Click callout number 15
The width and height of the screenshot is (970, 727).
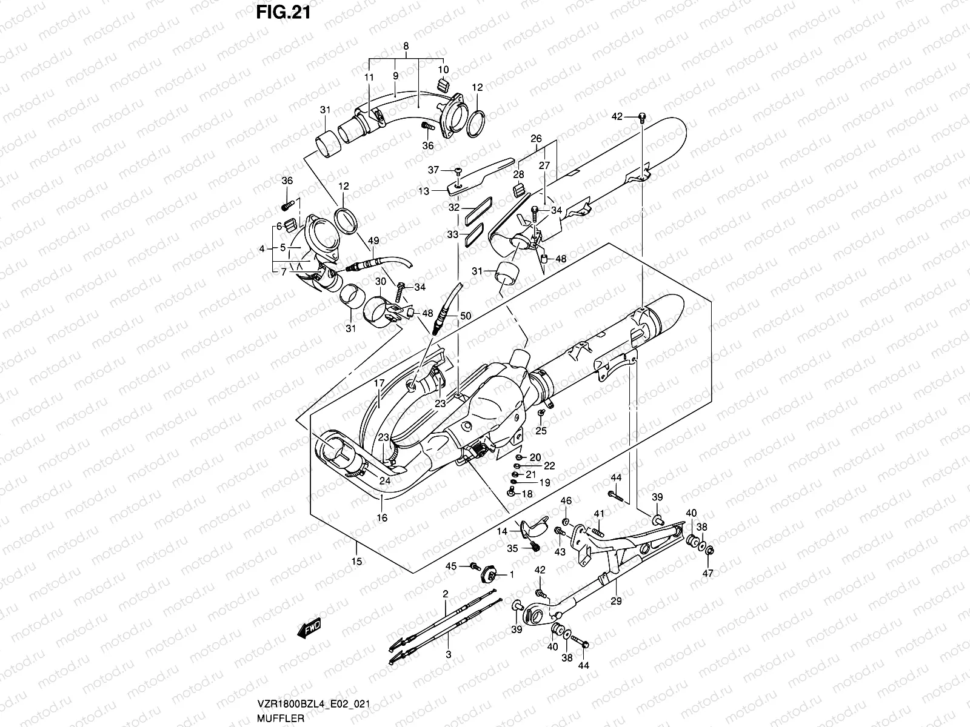tap(356, 562)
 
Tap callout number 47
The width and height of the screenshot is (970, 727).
tap(708, 573)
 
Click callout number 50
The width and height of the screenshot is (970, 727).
tap(465, 316)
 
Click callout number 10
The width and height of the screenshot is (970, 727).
tap(443, 69)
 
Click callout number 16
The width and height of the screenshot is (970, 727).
tap(381, 517)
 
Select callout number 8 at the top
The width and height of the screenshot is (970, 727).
tap(406, 45)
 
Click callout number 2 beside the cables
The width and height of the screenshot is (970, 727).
tap(445, 594)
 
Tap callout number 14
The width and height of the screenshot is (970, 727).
tap(503, 531)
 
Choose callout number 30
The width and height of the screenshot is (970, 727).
tap(381, 282)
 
